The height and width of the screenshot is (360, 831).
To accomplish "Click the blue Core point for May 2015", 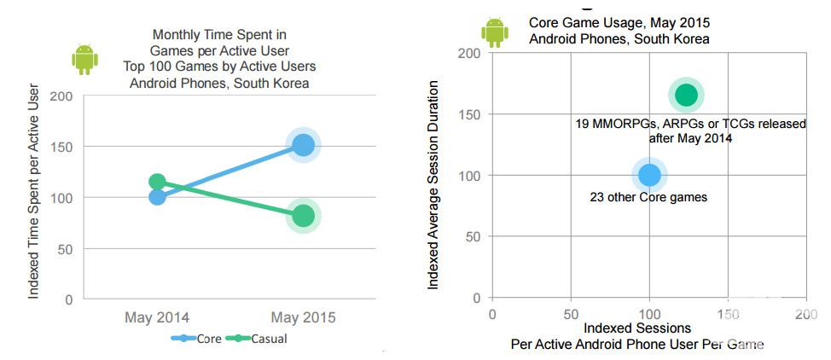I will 303,146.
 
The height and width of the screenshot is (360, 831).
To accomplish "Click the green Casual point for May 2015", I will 303,216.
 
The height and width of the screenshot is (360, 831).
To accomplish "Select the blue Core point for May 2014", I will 157,197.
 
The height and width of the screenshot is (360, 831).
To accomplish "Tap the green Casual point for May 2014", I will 157,182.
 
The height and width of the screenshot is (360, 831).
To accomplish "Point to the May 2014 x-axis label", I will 157,317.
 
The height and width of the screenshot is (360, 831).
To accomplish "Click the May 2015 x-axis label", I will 303,317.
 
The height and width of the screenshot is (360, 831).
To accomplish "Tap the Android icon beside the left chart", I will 84,60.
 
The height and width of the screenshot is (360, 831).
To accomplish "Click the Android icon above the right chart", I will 495,32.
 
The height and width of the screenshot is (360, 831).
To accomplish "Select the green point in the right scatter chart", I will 686,96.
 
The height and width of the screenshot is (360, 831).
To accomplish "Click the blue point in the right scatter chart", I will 649,175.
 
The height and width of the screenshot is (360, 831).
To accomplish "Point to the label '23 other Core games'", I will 648,197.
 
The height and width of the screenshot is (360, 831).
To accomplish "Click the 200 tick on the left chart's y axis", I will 61,96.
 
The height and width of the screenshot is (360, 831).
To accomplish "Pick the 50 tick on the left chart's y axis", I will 65,249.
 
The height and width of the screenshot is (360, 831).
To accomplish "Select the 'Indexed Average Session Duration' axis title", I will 433,184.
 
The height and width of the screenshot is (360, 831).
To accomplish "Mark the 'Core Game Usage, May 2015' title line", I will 619,23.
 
